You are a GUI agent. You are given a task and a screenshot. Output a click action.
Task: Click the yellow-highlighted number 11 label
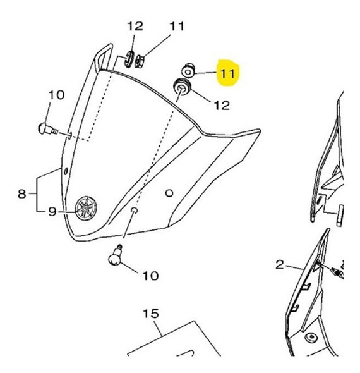click(x=227, y=74)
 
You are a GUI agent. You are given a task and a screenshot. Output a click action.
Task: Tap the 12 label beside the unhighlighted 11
click(x=135, y=27)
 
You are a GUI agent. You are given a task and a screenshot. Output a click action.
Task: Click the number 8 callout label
click(x=21, y=193)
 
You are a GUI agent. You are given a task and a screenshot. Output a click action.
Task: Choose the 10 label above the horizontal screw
click(x=56, y=95)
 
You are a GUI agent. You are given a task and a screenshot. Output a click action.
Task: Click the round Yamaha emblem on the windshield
click(x=85, y=207)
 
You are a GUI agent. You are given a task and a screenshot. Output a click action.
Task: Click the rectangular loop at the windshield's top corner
click(x=105, y=56)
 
